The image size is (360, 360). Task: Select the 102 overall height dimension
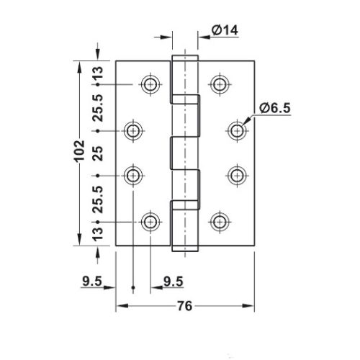81,153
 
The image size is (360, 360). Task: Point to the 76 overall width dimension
184,307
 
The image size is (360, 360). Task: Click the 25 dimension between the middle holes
98,153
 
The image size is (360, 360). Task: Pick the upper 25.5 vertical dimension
98,107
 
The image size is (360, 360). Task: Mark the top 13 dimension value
98,73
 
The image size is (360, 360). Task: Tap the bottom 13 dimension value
98,233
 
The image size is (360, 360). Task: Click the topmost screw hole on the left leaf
150,84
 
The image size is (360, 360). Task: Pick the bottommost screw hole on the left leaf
150,220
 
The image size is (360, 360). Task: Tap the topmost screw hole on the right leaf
219,84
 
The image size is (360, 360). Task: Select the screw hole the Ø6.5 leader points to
236,130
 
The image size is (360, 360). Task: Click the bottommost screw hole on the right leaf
219,220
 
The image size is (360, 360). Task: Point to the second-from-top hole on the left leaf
133,130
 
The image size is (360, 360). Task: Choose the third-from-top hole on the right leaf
236,175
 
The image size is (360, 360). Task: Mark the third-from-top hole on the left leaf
133,175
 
